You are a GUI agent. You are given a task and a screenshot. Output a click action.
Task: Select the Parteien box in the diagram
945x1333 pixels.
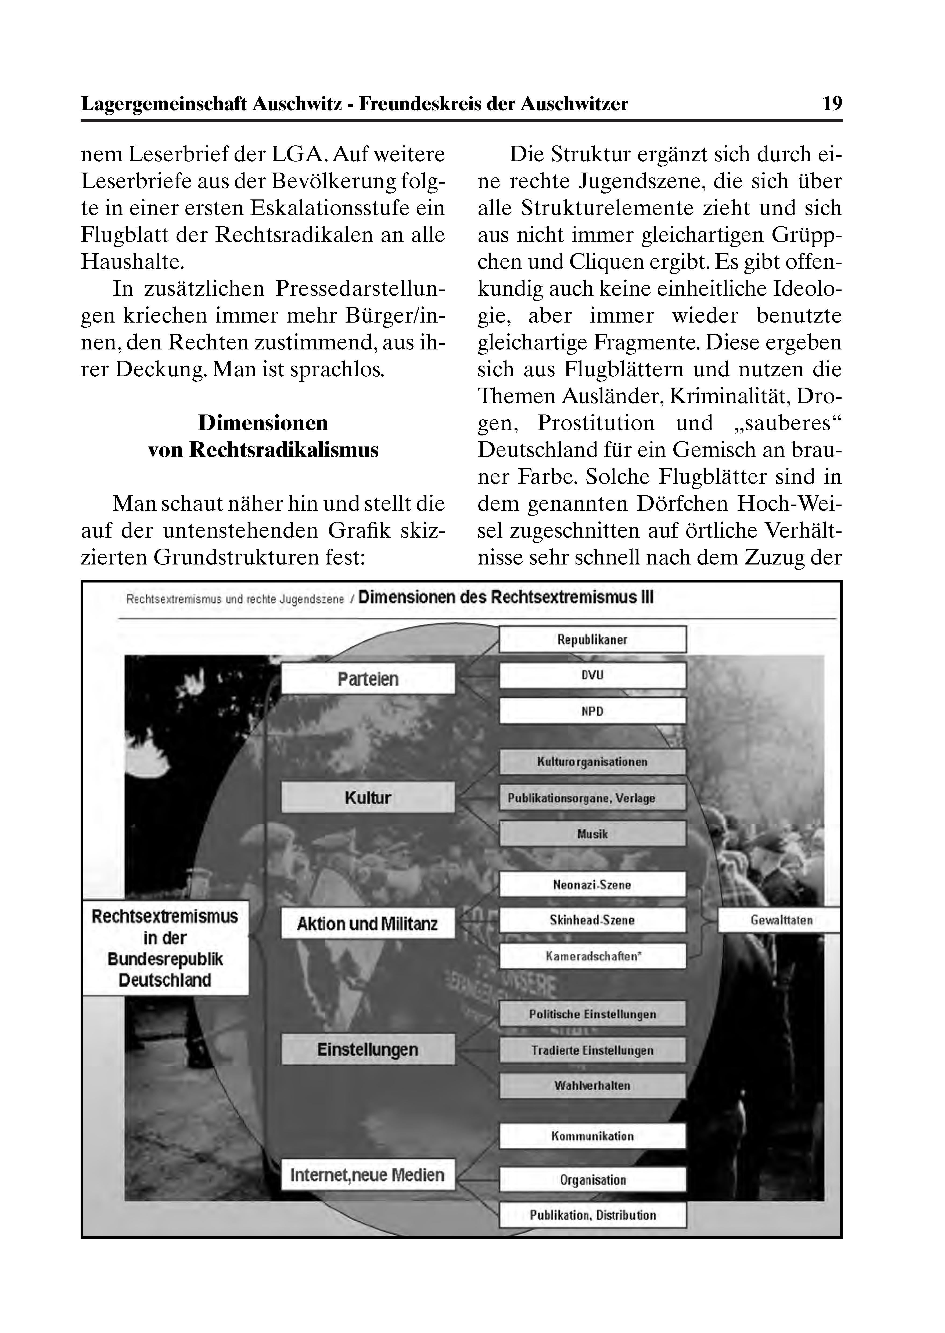pyautogui.click(x=368, y=679)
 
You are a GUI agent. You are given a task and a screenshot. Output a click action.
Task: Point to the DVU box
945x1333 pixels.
pyautogui.click(x=592, y=675)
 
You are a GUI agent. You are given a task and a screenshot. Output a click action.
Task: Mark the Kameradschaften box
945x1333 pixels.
pyautogui.click(x=592, y=956)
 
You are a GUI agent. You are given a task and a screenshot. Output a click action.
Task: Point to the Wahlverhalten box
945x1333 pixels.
pyautogui.click(x=592, y=1086)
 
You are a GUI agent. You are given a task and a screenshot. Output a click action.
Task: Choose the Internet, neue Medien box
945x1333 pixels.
pyautogui.click(x=368, y=1175)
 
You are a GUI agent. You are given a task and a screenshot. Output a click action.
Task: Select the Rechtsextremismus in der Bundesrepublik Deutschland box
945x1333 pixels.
pyautogui.click(x=165, y=948)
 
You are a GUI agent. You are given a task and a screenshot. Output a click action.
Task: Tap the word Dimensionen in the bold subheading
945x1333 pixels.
pyautogui.click(x=263, y=423)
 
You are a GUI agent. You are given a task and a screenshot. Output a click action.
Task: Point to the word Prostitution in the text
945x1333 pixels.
pyautogui.click(x=596, y=423)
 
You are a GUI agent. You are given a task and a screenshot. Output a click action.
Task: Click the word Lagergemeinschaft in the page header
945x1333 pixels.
pyautogui.click(x=165, y=103)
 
